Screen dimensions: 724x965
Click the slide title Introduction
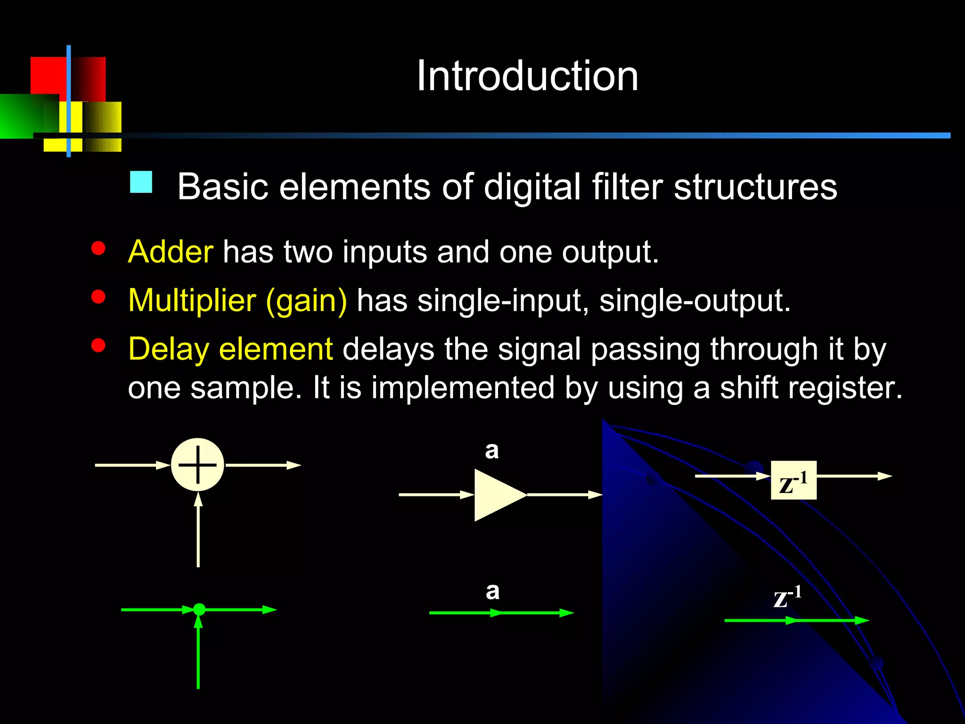(x=527, y=76)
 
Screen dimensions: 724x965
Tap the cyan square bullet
(x=141, y=182)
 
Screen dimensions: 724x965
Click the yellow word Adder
(x=171, y=252)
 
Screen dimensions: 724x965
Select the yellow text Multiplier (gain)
(x=237, y=301)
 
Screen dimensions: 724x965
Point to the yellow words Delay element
(x=230, y=349)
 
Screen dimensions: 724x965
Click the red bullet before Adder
(x=98, y=248)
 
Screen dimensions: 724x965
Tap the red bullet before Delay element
(x=98, y=346)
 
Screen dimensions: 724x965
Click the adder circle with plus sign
(x=197, y=465)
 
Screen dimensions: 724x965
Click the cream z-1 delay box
(x=793, y=480)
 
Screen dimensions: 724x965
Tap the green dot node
(x=199, y=609)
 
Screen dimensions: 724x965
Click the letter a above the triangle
(x=492, y=451)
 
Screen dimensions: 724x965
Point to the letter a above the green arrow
(x=492, y=591)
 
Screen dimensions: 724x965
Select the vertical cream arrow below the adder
(x=198, y=530)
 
